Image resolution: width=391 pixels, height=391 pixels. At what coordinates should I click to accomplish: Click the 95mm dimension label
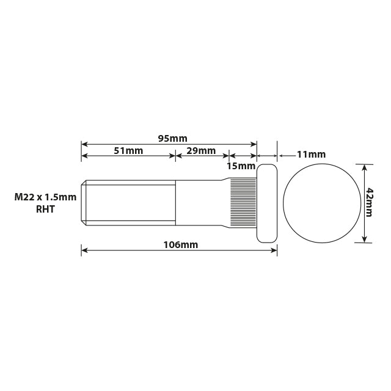pos(172,138)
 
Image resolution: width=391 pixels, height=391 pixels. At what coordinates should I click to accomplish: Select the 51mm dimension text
pos(128,150)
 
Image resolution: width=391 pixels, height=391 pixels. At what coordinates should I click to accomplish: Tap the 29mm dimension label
pos(201,150)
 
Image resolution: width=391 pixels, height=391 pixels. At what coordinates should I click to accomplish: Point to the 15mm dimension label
pos(241,166)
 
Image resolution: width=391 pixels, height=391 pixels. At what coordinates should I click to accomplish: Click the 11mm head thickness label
pos(311,155)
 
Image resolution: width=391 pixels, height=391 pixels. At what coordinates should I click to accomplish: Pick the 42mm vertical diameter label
pos(370,203)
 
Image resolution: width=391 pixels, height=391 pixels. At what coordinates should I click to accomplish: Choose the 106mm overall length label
pos(181,244)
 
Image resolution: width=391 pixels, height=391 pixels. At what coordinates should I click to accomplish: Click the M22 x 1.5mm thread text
pos(46,197)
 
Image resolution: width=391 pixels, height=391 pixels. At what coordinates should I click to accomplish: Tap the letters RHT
pos(46,210)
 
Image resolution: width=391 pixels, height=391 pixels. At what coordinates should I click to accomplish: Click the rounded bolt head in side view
pos(267,203)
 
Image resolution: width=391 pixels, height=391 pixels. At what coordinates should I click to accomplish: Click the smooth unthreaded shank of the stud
pos(199,202)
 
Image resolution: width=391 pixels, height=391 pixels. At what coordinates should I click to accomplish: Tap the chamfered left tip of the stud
pos(84,202)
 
